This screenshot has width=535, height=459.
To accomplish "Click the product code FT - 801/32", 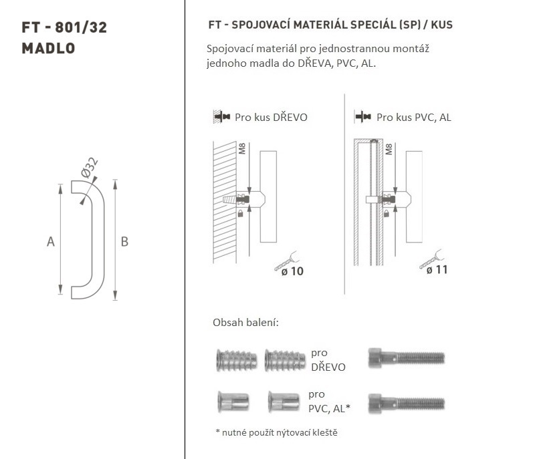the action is (64, 27).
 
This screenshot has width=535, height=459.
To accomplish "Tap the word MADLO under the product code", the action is (48, 48).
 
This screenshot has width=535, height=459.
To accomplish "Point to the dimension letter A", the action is (51, 242).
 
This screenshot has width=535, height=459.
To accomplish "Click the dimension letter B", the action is (124, 242).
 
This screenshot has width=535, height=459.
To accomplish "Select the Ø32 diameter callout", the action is (90, 167).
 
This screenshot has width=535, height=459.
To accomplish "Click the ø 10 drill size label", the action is (292, 271).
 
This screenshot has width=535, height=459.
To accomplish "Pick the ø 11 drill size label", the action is (437, 270).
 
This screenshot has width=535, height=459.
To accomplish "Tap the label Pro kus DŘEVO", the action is (271, 117).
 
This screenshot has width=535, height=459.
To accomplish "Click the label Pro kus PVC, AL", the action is (414, 117).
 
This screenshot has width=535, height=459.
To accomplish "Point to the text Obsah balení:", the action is (245, 322).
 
